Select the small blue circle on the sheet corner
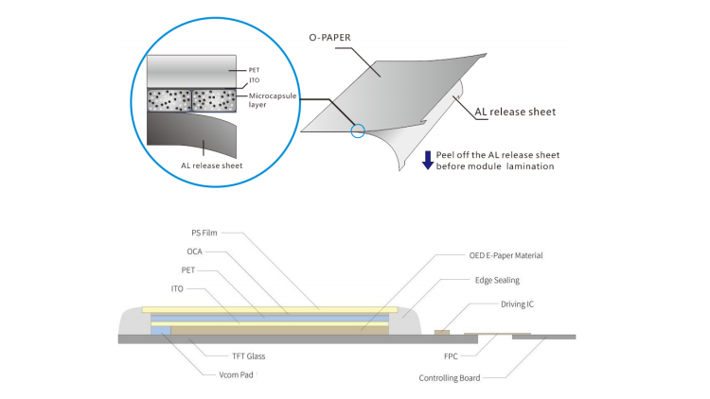pyautogui.click(x=356, y=132)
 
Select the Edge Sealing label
pyautogui.click(x=501, y=280)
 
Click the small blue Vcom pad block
pyautogui.click(x=161, y=329)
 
